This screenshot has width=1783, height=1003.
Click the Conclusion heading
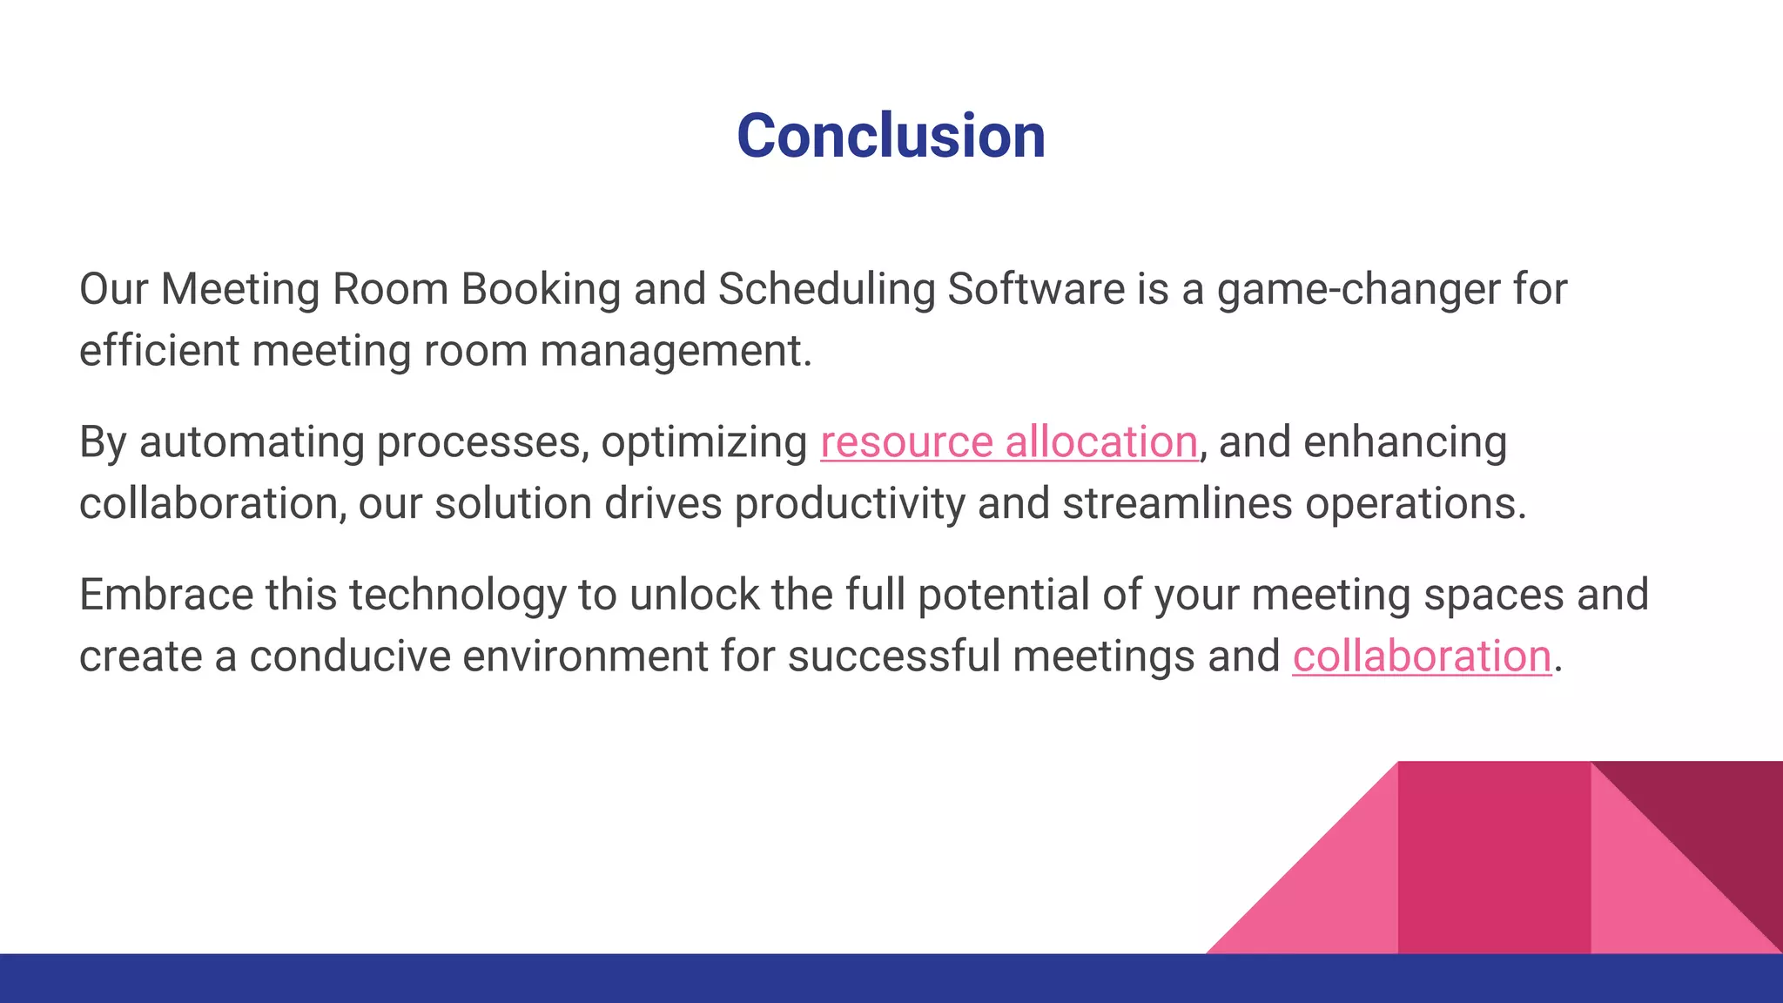[891, 137]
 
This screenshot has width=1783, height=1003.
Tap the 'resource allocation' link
[1008, 441]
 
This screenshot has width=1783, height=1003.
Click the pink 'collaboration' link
[1421, 656]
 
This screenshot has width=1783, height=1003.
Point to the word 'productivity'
[849, 504]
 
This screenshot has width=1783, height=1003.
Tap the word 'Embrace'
[165, 595]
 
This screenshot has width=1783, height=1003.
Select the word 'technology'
[457, 596]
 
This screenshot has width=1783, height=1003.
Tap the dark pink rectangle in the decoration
[1493, 858]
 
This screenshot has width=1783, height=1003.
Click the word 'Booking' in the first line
[540, 290]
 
